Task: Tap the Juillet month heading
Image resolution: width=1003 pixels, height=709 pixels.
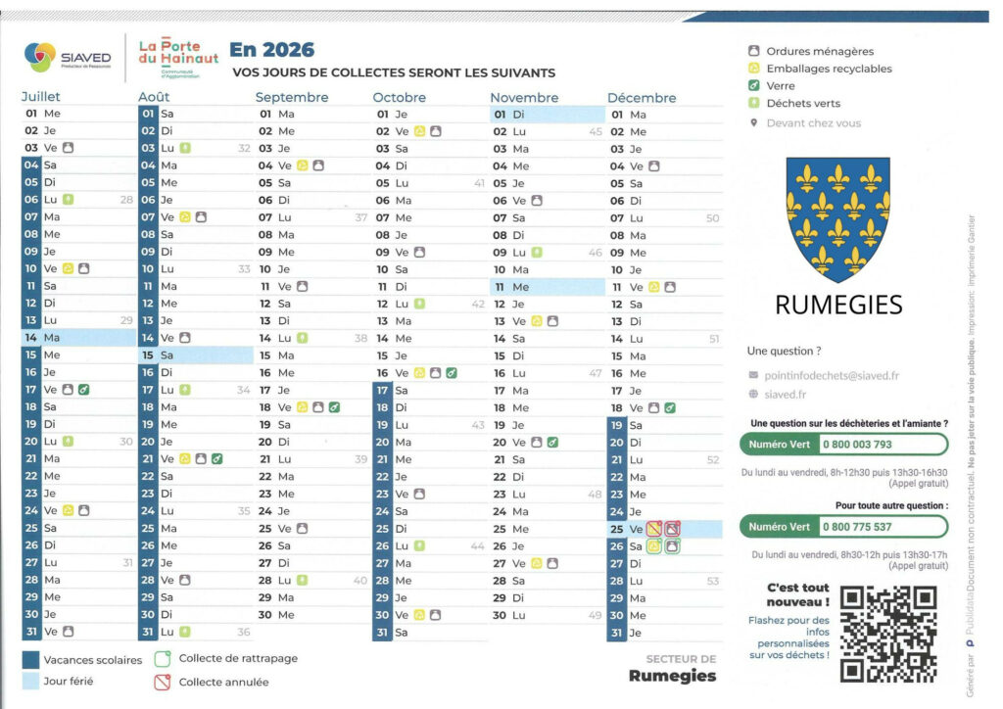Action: (x=41, y=97)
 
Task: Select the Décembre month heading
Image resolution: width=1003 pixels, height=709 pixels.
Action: (x=642, y=97)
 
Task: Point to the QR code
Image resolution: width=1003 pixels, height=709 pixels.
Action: (x=888, y=633)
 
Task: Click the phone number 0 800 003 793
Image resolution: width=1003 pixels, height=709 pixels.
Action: (x=856, y=445)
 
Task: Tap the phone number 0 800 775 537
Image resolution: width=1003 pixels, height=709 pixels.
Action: (x=856, y=527)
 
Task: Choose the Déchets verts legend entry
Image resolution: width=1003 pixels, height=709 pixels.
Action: (x=803, y=103)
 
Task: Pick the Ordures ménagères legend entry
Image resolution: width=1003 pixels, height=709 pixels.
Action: (x=819, y=51)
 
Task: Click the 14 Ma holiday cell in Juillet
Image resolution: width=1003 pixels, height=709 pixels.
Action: (x=78, y=337)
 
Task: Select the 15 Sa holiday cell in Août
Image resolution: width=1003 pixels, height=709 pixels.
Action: (x=195, y=354)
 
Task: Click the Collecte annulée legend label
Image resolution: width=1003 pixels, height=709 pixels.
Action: (x=223, y=682)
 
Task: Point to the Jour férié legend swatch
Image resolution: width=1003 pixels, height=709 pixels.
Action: (x=30, y=681)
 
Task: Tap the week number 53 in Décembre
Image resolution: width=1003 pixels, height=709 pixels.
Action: (x=712, y=581)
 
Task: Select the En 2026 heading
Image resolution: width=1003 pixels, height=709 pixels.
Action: (x=272, y=50)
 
